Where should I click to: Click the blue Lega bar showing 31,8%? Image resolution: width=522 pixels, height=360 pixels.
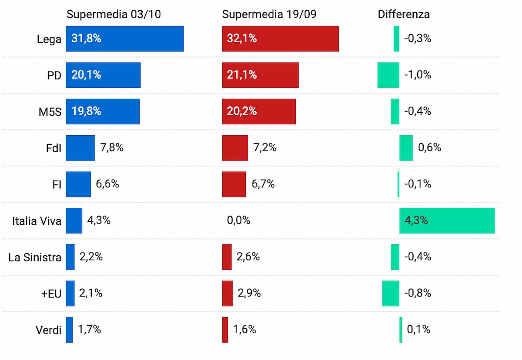(125, 39)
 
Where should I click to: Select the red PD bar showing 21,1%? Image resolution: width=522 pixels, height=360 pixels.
(260, 75)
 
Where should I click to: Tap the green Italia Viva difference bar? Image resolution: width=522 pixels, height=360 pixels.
(447, 220)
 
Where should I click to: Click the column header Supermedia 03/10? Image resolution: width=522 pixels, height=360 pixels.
(114, 14)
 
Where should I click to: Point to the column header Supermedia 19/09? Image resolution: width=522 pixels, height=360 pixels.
(269, 14)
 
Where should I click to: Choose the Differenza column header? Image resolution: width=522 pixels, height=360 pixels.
(404, 14)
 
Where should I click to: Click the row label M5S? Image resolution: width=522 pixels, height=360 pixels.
(49, 112)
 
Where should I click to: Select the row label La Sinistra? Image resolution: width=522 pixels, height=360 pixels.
(35, 257)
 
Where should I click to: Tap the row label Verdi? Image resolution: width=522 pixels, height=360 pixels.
(48, 330)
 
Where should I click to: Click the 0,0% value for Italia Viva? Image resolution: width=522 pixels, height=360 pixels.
(238, 220)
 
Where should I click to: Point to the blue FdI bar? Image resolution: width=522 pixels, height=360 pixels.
(80, 148)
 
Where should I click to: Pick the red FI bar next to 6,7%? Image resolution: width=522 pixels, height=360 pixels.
(234, 184)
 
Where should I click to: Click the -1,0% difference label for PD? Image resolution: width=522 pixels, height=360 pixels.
(418, 75)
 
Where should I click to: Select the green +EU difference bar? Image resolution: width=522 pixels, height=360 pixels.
(391, 293)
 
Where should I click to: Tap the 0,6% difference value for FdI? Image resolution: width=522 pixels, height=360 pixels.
(429, 148)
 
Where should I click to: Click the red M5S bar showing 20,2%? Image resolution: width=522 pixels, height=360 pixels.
(259, 112)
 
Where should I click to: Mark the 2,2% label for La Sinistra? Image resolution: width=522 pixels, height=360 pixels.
(91, 257)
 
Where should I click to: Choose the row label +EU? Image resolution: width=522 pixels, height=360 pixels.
(51, 294)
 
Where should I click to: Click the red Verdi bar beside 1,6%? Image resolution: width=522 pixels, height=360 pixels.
(225, 330)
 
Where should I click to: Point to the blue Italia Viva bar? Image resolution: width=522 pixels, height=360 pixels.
(74, 220)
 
